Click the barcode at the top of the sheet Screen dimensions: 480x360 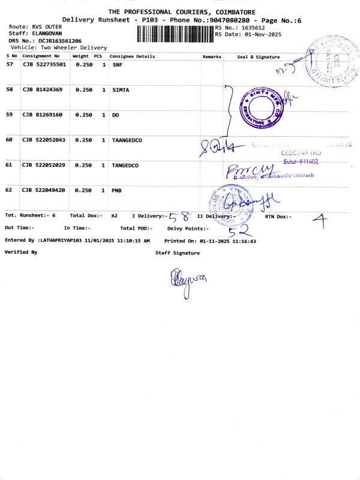[x=175, y=32]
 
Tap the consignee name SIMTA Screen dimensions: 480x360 [x=121, y=89]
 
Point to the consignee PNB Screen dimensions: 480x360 [x=117, y=190]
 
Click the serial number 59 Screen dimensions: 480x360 [x=9, y=115]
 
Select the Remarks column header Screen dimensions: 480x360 [x=212, y=56]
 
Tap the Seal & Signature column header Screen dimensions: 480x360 [x=259, y=56]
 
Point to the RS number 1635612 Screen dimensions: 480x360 [x=253, y=28]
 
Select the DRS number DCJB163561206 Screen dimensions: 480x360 [x=60, y=40]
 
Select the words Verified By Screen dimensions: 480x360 [x=21, y=253]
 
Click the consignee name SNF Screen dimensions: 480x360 [x=117, y=64]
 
